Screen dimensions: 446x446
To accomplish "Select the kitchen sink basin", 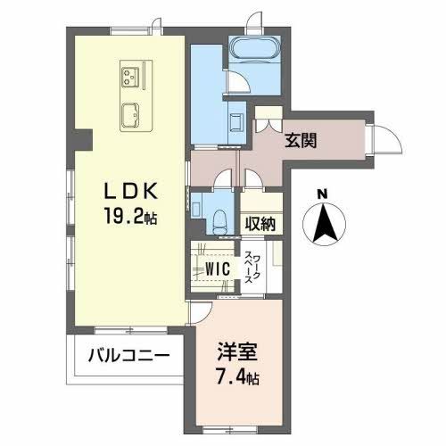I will click(x=131, y=112).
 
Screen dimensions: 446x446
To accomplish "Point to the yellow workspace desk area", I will click(x=275, y=266).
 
